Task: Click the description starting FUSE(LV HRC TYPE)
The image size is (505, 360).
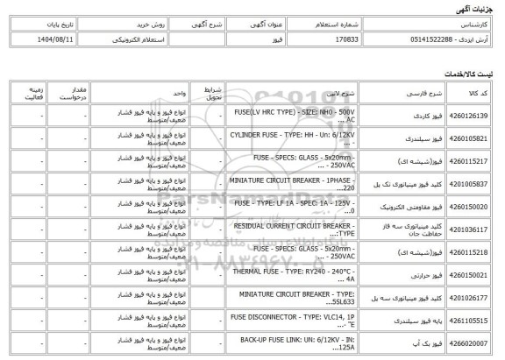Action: point(281,115)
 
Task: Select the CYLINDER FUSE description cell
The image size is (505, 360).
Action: point(281,138)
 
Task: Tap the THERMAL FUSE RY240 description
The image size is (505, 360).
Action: point(281,274)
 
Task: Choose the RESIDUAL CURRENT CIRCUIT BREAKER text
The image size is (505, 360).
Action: point(281,229)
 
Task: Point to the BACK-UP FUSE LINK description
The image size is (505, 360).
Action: point(281,343)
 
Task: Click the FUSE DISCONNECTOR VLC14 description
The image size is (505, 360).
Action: point(281,321)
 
